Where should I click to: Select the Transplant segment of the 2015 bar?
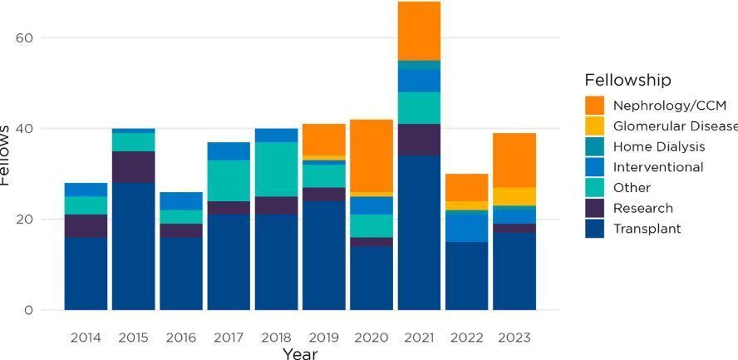[x=134, y=246]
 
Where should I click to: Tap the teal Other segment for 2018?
[x=276, y=170]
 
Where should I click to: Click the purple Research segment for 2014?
[x=86, y=226]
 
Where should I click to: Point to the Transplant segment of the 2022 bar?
[x=466, y=276]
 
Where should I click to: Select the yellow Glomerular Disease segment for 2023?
[x=514, y=196]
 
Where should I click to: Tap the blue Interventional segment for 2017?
[x=229, y=151]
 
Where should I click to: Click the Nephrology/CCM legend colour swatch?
[x=595, y=106]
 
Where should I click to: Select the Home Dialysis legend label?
[x=659, y=146]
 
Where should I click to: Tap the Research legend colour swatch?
[x=595, y=208]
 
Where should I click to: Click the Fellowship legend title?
[x=627, y=81]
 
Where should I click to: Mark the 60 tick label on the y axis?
[x=24, y=37]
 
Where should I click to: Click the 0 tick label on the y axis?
[x=29, y=310]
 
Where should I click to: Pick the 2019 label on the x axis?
[x=324, y=338]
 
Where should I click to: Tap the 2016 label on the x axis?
[x=181, y=338]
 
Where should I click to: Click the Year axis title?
[x=300, y=354]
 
